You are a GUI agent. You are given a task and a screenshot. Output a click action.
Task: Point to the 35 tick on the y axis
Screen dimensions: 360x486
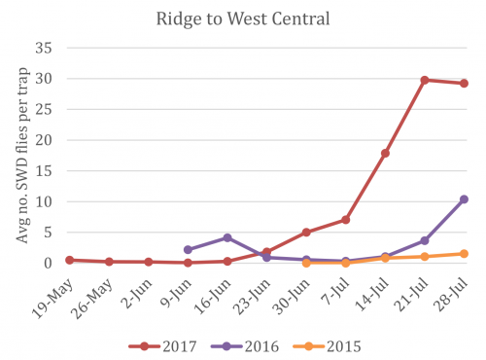click(x=45, y=48)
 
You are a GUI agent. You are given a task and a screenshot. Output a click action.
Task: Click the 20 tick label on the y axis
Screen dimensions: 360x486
click(x=45, y=140)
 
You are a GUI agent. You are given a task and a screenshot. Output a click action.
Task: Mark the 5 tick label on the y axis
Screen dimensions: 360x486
click(x=49, y=233)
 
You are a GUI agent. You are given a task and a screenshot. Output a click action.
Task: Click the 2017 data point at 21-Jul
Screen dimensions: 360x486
click(x=425, y=80)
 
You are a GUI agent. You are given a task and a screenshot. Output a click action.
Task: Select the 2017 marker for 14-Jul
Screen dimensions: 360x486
click(x=385, y=153)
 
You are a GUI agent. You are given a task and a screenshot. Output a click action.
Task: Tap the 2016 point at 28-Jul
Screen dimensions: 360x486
click(x=464, y=199)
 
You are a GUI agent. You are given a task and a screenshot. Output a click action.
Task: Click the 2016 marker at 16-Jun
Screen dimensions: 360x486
click(x=226, y=237)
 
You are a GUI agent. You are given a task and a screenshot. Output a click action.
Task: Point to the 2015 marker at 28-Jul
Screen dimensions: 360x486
click(x=464, y=254)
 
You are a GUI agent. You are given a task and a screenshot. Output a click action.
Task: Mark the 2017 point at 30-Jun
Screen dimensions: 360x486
click(x=306, y=233)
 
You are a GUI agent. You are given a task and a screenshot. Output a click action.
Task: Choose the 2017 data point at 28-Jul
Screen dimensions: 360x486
click(x=464, y=83)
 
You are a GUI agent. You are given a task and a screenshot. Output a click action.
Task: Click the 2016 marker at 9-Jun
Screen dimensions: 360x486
click(x=188, y=250)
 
